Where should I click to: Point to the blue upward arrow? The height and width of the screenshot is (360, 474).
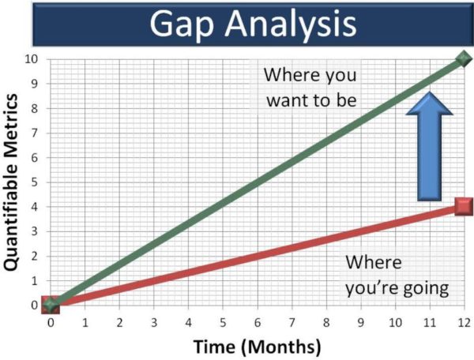(x=427, y=145)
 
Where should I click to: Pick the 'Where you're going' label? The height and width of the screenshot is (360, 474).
(x=396, y=275)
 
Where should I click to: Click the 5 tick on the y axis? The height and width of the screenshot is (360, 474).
(x=33, y=182)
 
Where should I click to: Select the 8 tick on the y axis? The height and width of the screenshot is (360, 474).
(x=33, y=108)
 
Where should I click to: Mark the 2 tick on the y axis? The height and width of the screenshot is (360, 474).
(x=33, y=256)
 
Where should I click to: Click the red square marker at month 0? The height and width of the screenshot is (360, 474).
(x=51, y=305)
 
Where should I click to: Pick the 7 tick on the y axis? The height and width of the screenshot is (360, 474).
(x=33, y=133)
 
